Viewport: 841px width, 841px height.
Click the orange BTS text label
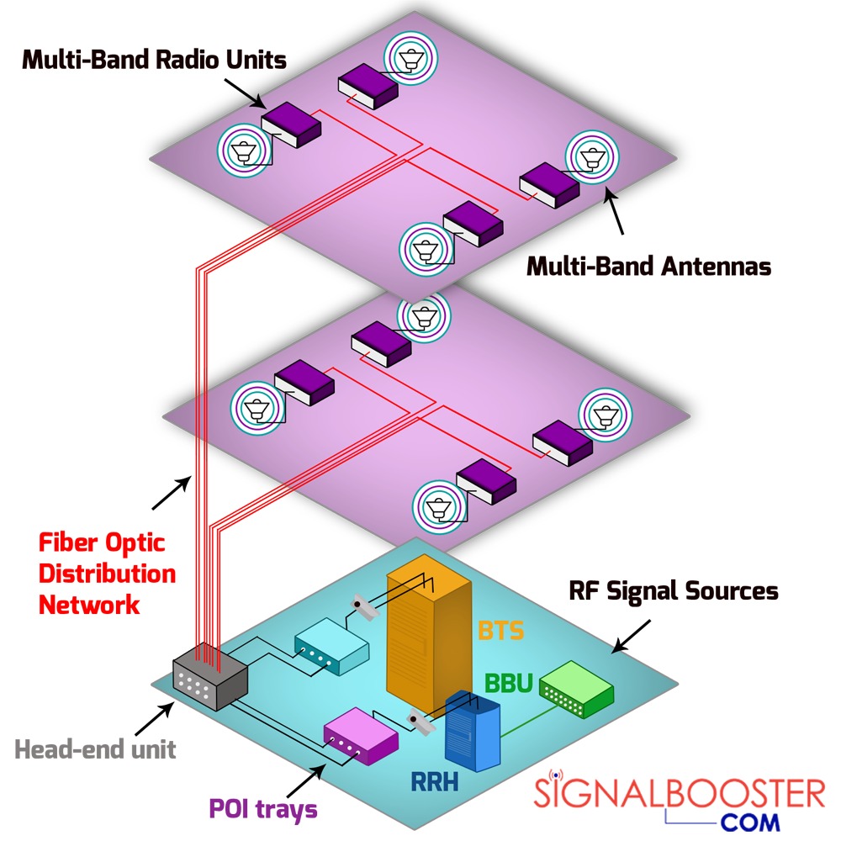point(501,630)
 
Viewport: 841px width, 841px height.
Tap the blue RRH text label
point(434,781)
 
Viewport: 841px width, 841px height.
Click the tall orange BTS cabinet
point(425,639)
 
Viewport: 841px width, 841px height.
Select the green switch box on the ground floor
point(576,688)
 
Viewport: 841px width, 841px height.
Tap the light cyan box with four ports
point(331,647)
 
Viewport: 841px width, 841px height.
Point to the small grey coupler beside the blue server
point(419,722)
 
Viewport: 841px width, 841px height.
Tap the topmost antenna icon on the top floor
point(410,57)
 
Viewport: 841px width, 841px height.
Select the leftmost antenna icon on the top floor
point(244,151)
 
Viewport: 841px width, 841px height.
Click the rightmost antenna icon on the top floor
point(592,156)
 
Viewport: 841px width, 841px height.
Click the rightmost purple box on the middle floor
point(562,442)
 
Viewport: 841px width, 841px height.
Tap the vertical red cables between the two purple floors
point(202,412)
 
